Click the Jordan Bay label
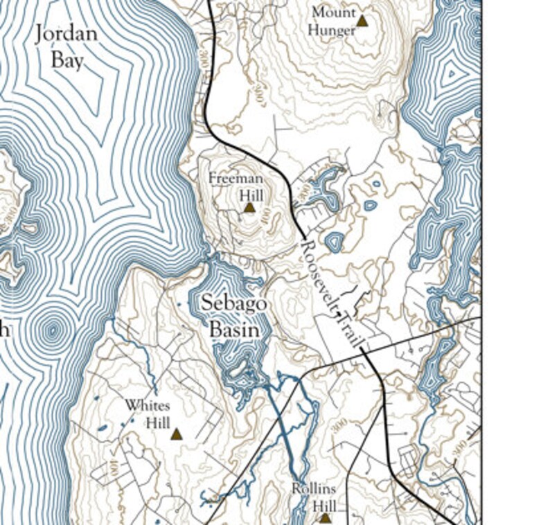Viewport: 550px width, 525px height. pos(66,46)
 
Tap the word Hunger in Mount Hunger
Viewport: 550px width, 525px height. pos(332,30)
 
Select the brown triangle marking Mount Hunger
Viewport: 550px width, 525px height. pos(362,21)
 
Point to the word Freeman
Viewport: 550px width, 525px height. pos(236,178)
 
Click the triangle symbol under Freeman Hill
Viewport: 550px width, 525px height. pos(249,207)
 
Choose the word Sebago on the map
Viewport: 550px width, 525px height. pos(234,303)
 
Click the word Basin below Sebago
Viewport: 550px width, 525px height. pos(234,330)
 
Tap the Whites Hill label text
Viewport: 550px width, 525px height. pos(148,413)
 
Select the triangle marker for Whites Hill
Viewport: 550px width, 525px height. pos(176,434)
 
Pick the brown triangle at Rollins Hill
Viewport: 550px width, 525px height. pos(324,517)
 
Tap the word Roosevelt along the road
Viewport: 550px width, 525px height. pos(319,274)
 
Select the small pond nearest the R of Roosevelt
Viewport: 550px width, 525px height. pos(335,242)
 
